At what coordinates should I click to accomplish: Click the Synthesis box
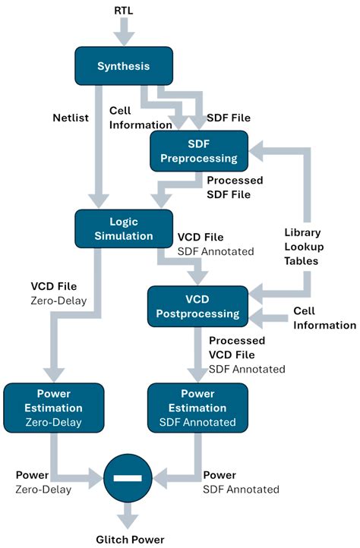tap(124, 66)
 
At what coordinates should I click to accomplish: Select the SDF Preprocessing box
tap(199, 151)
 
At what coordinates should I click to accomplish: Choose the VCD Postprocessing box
tap(197, 305)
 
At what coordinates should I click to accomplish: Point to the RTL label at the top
tap(124, 12)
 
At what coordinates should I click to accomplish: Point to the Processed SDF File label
tap(235, 187)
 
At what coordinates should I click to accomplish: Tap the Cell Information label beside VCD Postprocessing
tap(324, 318)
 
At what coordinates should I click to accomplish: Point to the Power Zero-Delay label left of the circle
tap(43, 482)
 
